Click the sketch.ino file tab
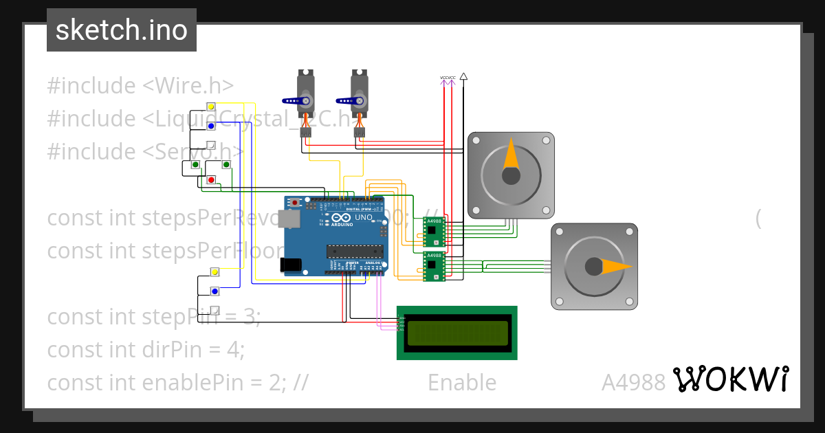click(x=122, y=30)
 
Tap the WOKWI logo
click(x=730, y=379)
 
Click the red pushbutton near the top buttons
click(x=211, y=180)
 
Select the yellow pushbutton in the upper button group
click(x=211, y=107)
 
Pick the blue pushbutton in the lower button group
click(x=214, y=292)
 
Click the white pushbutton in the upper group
click(x=211, y=146)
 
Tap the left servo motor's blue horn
click(x=297, y=102)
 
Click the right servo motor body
click(x=359, y=93)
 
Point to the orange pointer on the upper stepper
click(x=511, y=156)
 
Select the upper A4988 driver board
click(x=433, y=232)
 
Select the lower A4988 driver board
click(x=433, y=267)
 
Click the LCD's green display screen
click(x=456, y=333)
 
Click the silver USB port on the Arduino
click(x=291, y=219)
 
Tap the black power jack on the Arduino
click(x=291, y=264)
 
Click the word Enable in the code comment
click(x=461, y=382)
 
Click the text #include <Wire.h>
click(x=140, y=86)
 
